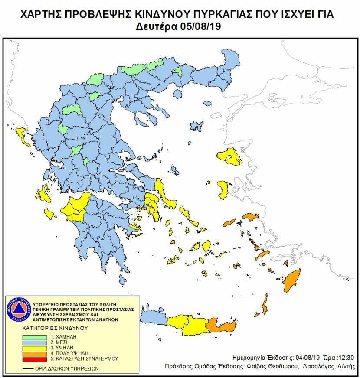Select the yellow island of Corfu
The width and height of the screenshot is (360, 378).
[x=22, y=135]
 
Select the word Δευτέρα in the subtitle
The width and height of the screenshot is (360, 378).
[x=155, y=26]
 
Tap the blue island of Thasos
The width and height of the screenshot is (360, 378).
[x=207, y=103]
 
